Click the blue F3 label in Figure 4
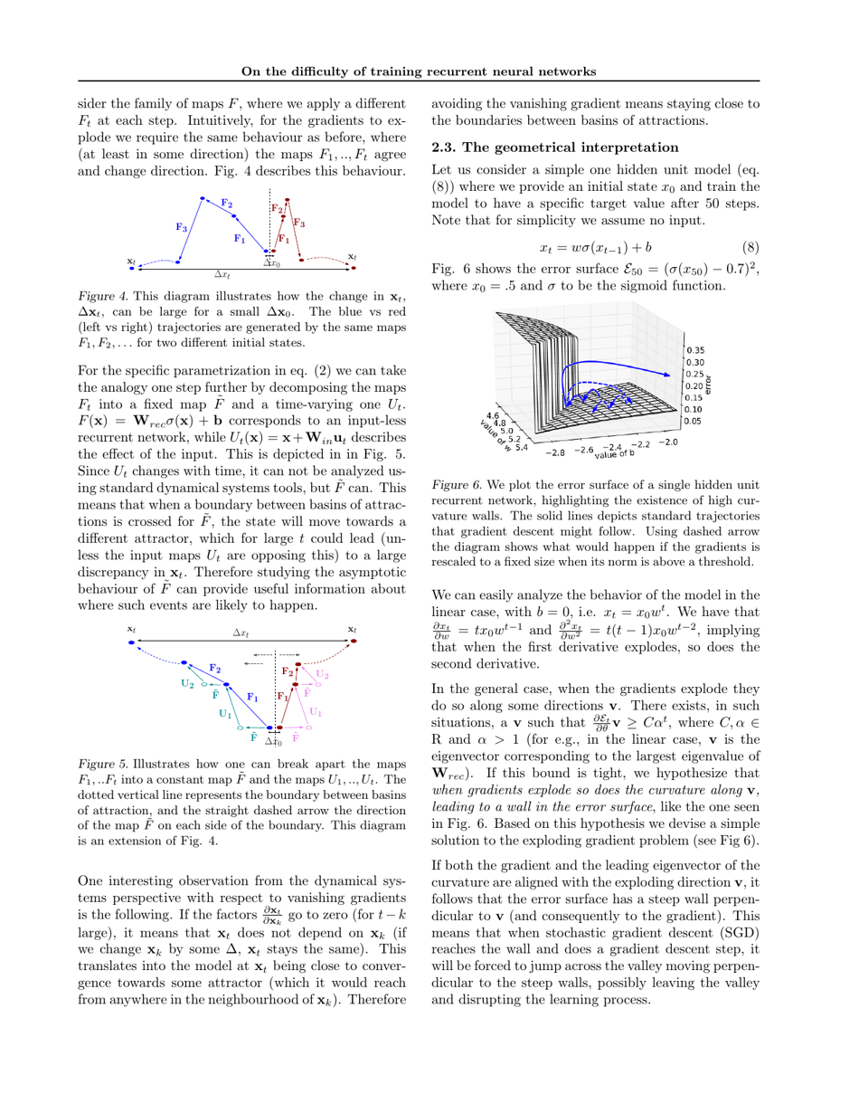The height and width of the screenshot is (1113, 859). click(x=181, y=228)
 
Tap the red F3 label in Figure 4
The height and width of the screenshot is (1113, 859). click(x=299, y=223)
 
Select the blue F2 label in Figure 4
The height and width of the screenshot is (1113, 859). click(x=226, y=203)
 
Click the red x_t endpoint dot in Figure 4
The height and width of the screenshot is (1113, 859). click(x=354, y=268)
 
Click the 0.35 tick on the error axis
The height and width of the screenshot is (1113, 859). click(x=696, y=349)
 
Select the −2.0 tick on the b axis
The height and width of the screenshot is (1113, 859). click(x=667, y=442)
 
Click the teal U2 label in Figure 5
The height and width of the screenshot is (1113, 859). click(x=187, y=684)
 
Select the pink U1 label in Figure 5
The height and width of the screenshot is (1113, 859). click(x=316, y=711)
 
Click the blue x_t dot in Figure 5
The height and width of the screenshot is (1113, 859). click(x=132, y=642)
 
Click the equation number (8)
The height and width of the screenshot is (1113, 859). click(x=750, y=247)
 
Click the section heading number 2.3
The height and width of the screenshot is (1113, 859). click(x=445, y=147)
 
